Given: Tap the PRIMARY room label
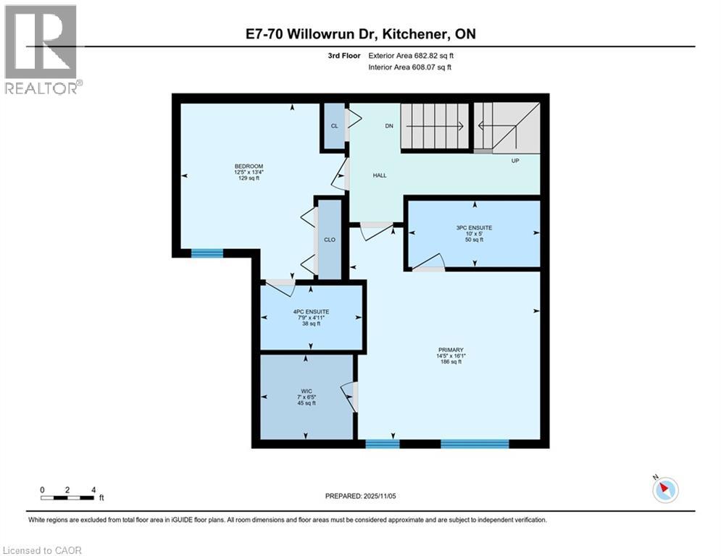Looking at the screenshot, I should [451, 350].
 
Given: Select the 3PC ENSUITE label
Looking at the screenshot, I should [474, 227].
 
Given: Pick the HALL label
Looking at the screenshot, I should [380, 175].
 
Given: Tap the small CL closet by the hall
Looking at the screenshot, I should [334, 126].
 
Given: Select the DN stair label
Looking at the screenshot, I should [388, 125].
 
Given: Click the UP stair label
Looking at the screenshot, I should [515, 161].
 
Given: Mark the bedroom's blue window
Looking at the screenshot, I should [207, 253].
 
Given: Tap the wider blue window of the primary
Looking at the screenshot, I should [475, 444].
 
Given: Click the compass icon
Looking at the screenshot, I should [664, 490].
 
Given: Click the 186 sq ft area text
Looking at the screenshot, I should [451, 362].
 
